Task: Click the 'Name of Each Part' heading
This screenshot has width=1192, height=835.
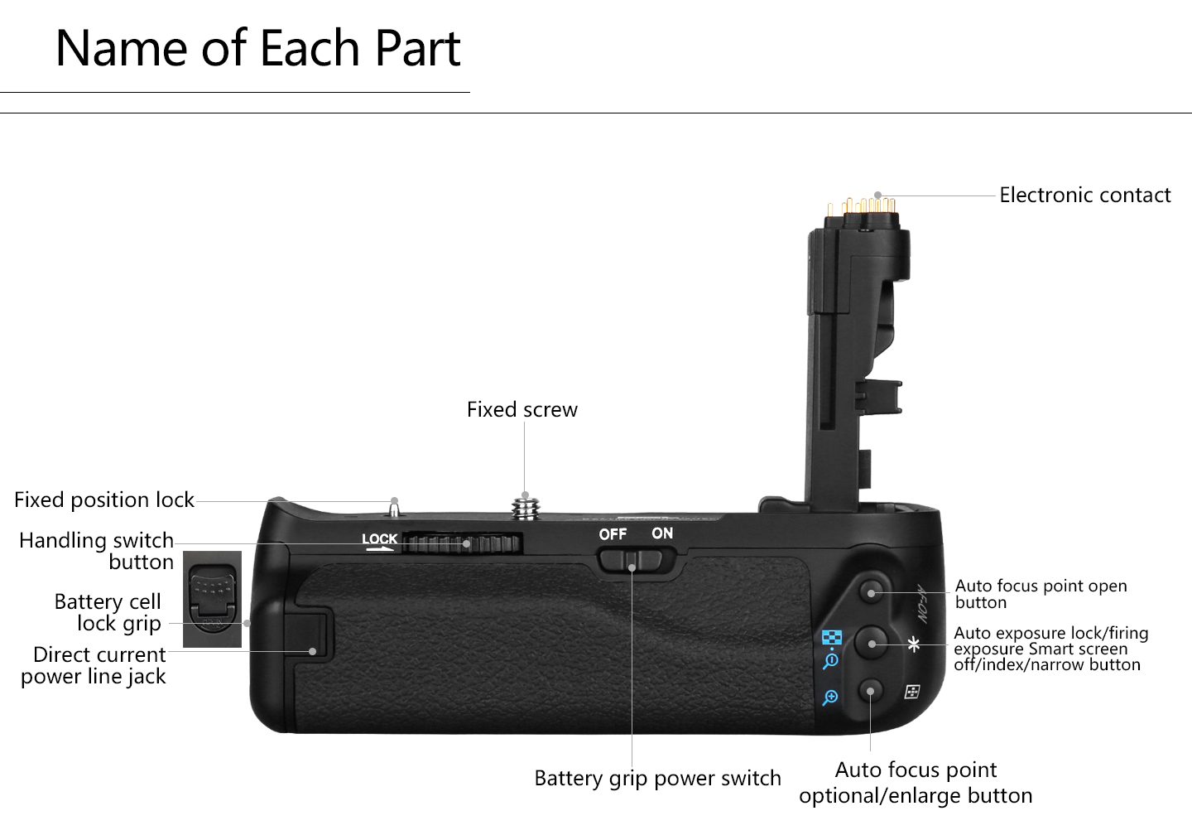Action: tap(257, 48)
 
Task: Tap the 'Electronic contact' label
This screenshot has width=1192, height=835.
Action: tap(1084, 195)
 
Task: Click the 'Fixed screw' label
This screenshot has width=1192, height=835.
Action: tap(521, 410)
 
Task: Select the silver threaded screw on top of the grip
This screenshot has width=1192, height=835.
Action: tap(524, 507)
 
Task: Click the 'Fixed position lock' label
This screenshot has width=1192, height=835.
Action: tap(104, 500)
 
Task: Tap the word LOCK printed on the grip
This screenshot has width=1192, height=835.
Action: tap(379, 539)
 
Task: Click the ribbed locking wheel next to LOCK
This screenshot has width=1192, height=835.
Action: tap(463, 543)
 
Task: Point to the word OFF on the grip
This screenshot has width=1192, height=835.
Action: tap(613, 534)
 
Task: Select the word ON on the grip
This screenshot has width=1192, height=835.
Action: tap(662, 533)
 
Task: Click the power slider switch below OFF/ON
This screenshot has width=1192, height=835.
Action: tap(631, 561)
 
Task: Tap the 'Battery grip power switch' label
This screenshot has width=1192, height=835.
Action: tap(657, 779)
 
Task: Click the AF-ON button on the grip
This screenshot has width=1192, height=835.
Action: tap(871, 592)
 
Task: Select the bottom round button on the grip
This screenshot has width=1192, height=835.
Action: tap(871, 691)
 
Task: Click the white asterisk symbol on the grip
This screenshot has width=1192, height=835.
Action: tap(914, 644)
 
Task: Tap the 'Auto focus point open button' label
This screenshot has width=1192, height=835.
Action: tap(1041, 594)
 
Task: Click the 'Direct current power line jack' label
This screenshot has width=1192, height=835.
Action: tap(94, 665)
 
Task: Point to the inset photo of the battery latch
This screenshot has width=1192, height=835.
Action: tap(212, 599)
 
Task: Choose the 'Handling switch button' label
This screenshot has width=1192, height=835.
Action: tap(98, 551)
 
